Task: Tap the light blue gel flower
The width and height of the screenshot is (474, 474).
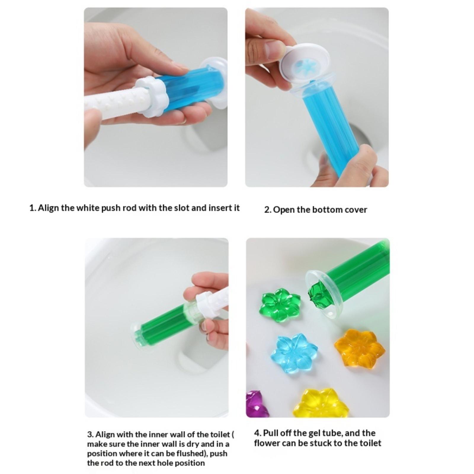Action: pyautogui.click(x=295, y=354)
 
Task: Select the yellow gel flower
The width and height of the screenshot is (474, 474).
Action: pyautogui.click(x=321, y=403)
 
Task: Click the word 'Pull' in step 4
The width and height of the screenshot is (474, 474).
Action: pyautogui.click(x=269, y=433)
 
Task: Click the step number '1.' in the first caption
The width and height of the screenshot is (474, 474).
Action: pyautogui.click(x=33, y=208)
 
